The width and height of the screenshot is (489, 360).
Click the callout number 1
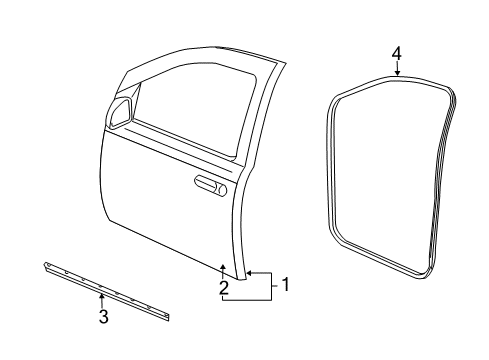285,284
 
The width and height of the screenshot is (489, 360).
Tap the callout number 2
223,288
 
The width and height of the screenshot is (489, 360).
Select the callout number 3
101,318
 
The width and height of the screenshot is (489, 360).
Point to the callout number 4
396,53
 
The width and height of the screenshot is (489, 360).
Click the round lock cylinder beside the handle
222,189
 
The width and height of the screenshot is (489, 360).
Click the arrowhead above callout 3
101,297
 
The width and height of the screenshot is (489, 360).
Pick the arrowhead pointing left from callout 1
249,272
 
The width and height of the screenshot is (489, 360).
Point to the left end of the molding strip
46,266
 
